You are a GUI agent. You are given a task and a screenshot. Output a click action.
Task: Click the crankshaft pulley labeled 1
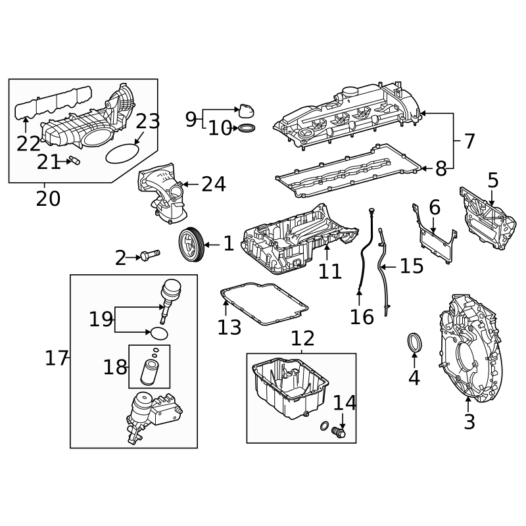pyautogui.click(x=191, y=244)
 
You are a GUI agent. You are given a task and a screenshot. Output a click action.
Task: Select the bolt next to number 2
pyautogui.click(x=150, y=254)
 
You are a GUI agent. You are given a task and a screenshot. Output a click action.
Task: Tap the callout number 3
pyautogui.click(x=469, y=422)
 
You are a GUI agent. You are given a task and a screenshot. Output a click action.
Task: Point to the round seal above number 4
pyautogui.click(x=414, y=343)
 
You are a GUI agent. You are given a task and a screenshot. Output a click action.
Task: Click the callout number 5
pyautogui.click(x=492, y=180)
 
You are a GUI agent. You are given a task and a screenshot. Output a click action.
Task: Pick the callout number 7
pyautogui.click(x=469, y=141)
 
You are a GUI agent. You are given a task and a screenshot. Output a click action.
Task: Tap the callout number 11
pyautogui.click(x=330, y=271)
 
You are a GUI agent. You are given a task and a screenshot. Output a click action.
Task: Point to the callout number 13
pyautogui.click(x=229, y=327)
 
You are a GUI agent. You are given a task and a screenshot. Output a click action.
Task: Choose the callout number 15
pyautogui.click(x=412, y=266)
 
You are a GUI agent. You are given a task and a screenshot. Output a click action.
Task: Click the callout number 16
pyautogui.click(x=362, y=317)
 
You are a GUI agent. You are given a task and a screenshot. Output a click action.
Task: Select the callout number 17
pyautogui.click(x=57, y=358)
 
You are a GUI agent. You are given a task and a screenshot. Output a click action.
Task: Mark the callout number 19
pyautogui.click(x=101, y=320)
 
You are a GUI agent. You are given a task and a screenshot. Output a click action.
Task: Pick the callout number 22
pyautogui.click(x=28, y=143)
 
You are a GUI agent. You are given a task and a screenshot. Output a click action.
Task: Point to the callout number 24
pyautogui.click(x=214, y=185)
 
